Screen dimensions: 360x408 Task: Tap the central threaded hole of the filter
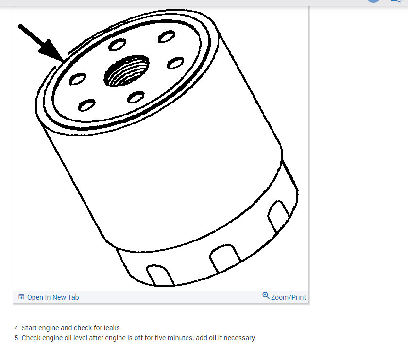point(126,71)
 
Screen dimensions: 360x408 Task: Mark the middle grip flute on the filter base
point(224,257)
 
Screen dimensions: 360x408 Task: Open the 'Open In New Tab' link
point(52,297)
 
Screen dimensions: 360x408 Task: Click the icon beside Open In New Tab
point(21,297)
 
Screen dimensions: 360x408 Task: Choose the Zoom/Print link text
point(289,297)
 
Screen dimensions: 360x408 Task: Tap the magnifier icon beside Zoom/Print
point(266,296)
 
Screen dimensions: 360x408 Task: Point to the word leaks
point(112,328)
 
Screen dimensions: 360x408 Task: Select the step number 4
point(17,328)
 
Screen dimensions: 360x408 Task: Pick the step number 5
point(17,338)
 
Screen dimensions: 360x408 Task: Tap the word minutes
point(176,338)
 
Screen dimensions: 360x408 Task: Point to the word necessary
point(239,338)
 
